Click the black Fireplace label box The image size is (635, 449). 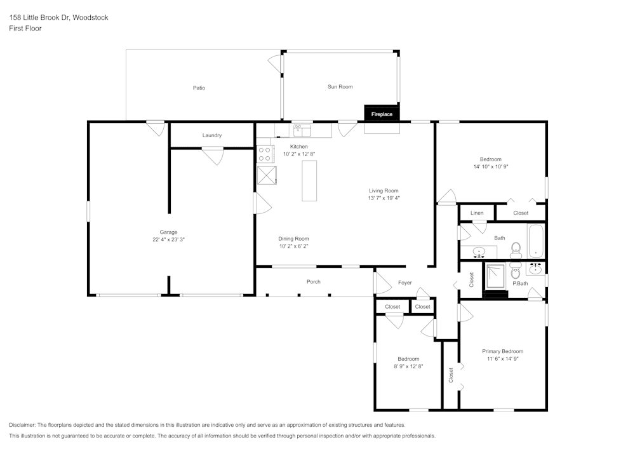(382, 114)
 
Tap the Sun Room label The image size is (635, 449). (340, 86)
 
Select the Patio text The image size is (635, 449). (199, 88)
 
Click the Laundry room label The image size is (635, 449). (212, 135)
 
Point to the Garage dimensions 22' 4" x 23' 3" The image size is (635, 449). (168, 239)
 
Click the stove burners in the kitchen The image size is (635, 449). (265, 154)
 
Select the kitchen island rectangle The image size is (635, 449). (309, 180)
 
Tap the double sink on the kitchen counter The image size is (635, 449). (301, 131)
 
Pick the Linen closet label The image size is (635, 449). (477, 213)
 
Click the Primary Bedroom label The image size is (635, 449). (502, 351)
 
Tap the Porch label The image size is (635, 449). (314, 281)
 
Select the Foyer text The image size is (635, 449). (404, 283)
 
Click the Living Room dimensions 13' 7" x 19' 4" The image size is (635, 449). (384, 198)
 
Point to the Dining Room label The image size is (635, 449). (294, 239)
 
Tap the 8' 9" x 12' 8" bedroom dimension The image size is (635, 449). (408, 366)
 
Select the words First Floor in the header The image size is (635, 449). (25, 29)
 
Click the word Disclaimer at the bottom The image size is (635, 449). (22, 424)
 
